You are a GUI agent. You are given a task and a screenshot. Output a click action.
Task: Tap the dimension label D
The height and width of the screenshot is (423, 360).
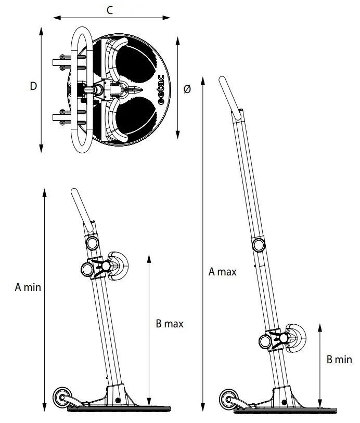[33, 87]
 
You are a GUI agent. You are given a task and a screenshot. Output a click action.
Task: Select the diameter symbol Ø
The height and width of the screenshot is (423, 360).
[187, 89]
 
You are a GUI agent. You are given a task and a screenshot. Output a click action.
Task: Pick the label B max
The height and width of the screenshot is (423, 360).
[170, 324]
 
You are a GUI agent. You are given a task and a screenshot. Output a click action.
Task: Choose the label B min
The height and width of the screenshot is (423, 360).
[339, 359]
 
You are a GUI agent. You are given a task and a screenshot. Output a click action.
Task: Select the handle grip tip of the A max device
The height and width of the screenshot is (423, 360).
[222, 82]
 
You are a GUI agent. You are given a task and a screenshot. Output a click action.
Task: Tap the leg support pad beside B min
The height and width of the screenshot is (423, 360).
[294, 339]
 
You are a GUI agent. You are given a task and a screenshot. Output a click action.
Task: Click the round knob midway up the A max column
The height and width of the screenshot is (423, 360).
[258, 245]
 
